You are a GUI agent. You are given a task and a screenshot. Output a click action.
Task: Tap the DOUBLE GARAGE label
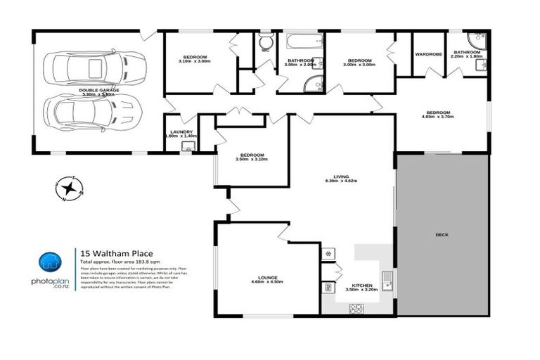tap(99, 91)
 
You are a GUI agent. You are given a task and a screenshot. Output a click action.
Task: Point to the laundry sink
tap(188, 146)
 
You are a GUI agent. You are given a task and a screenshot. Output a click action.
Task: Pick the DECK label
tap(442, 235)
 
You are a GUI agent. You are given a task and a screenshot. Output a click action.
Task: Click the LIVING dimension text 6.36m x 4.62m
tap(341, 181)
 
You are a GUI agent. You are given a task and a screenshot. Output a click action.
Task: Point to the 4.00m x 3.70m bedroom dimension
tap(437, 117)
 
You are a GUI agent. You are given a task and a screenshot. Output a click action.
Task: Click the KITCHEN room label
tap(353, 285)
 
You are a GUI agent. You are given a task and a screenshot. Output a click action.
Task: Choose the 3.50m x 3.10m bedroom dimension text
tap(251, 160)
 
